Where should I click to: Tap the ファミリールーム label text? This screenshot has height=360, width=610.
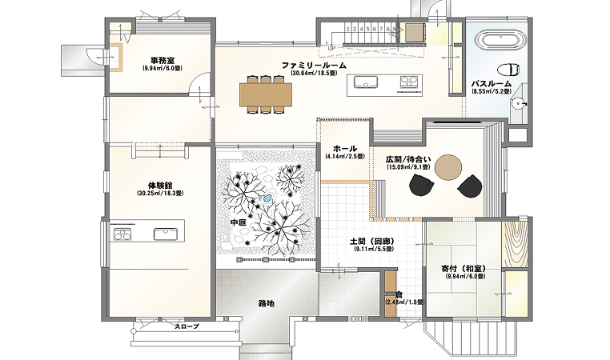point(313,65)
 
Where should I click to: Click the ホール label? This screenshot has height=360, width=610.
point(344,149)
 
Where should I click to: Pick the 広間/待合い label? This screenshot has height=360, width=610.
point(408,159)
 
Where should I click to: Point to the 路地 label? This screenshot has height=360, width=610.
point(267,303)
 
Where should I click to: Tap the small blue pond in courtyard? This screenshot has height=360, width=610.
point(267,198)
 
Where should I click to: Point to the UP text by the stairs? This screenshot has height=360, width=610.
point(331,46)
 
